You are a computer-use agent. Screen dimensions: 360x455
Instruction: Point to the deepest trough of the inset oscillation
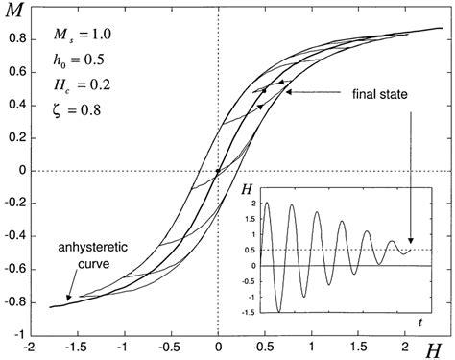[x=277, y=309]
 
